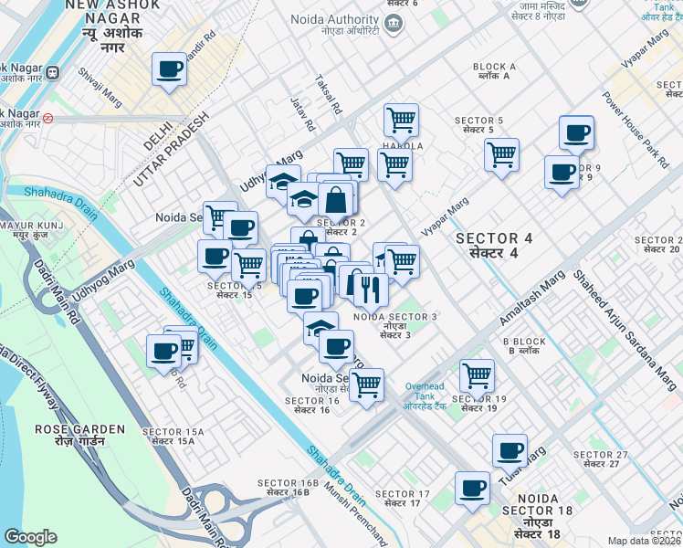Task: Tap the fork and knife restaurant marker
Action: [370, 290]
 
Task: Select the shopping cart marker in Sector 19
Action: [477, 374]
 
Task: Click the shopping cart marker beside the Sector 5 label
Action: [501, 154]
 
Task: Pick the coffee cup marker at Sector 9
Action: [562, 171]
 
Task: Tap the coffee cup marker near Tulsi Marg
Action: [510, 449]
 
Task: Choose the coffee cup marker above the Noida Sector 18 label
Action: [472, 488]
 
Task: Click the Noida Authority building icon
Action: [394, 22]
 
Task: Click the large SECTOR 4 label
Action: [494, 245]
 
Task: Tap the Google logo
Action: [30, 537]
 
